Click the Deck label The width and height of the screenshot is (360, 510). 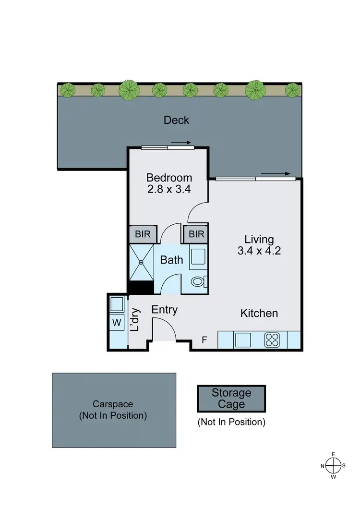click(x=176, y=120)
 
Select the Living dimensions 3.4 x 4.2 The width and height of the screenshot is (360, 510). click(x=259, y=250)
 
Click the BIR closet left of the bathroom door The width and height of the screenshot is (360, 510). click(x=143, y=234)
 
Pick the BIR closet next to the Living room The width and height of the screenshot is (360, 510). click(x=196, y=234)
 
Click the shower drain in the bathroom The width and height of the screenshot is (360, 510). click(x=142, y=262)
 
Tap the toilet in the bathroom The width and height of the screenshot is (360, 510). click(x=198, y=281)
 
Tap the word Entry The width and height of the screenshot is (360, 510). click(x=165, y=310)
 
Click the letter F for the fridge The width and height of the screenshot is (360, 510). click(x=204, y=340)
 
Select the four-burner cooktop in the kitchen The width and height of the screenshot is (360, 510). click(x=272, y=340)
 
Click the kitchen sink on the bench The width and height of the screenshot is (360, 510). click(x=242, y=340)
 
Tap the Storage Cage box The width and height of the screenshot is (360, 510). click(x=231, y=399)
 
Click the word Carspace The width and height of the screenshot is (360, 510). click(x=113, y=404)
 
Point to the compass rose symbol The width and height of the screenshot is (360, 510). click(x=333, y=465)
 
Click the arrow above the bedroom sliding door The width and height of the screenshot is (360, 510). click(x=181, y=142)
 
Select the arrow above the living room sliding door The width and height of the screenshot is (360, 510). click(x=276, y=174)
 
